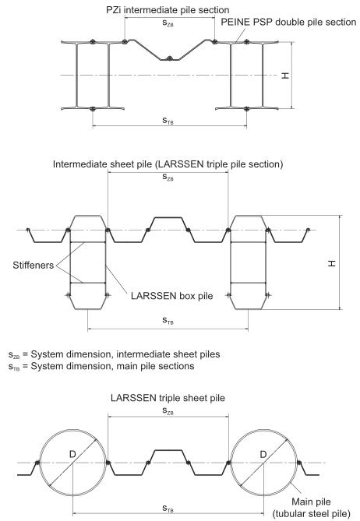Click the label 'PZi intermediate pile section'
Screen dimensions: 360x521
point(168,10)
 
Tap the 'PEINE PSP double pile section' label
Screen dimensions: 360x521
point(288,23)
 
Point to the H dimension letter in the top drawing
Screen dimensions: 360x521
point(285,76)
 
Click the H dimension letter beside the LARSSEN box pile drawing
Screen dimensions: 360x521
point(332,263)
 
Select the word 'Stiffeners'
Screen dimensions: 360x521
point(34,265)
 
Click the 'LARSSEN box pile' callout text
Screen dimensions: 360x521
point(172,296)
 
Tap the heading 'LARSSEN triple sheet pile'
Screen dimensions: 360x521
point(168,398)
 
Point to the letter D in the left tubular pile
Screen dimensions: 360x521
point(72,454)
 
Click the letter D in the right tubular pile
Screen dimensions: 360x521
point(263,454)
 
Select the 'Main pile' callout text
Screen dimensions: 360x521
point(311,502)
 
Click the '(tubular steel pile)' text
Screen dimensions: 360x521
point(311,514)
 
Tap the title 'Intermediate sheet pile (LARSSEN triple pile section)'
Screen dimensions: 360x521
point(168,164)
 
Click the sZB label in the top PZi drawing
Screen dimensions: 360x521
point(168,23)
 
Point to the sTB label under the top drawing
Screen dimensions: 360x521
point(168,120)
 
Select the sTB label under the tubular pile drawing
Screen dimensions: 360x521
point(168,509)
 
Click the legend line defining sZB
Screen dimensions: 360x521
point(114,354)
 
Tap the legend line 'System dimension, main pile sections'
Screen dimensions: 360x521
point(101,366)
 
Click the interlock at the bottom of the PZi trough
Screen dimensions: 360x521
point(170,58)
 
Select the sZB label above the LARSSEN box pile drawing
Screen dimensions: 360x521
point(168,177)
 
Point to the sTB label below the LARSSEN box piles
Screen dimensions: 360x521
point(168,320)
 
